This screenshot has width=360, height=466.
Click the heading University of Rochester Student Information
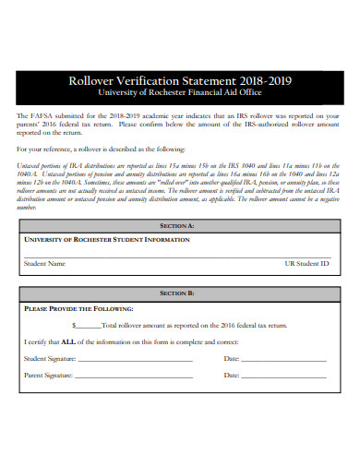[106, 239]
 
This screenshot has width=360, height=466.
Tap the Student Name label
[44, 263]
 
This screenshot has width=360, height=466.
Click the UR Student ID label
[306, 263]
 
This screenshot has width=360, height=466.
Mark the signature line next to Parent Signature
[135, 378]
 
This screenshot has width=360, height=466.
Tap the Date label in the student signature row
[232, 359]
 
